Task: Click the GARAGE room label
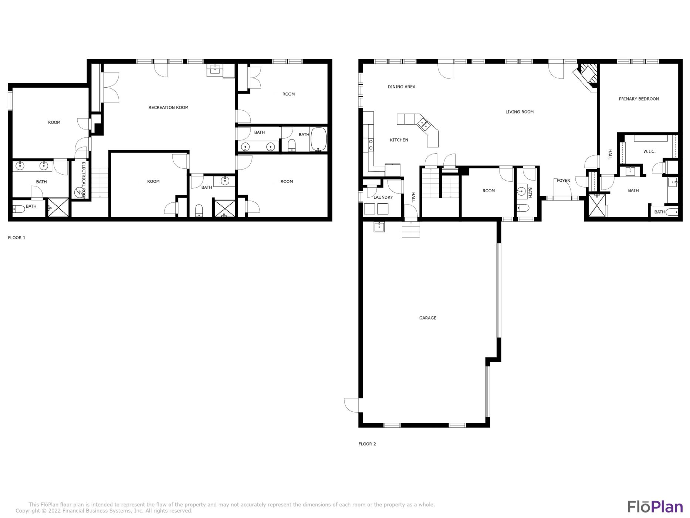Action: coord(427,318)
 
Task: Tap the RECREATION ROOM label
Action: coord(168,108)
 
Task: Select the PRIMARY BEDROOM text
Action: coord(639,99)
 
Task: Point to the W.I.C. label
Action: coord(649,151)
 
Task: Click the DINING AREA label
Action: coord(401,87)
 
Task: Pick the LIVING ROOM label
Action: coord(519,112)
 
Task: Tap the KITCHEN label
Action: coord(399,140)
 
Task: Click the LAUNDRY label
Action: coord(383,197)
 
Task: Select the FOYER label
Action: coord(563,181)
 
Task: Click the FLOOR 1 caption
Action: coord(17,238)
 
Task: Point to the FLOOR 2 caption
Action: coord(367,444)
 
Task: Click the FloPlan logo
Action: coord(655,507)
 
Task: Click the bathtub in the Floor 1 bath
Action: coord(318,139)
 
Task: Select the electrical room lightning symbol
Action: coord(79,192)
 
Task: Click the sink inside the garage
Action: coord(379,227)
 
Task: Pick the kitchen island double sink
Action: coord(424,124)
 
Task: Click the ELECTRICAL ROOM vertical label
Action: coord(84,180)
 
